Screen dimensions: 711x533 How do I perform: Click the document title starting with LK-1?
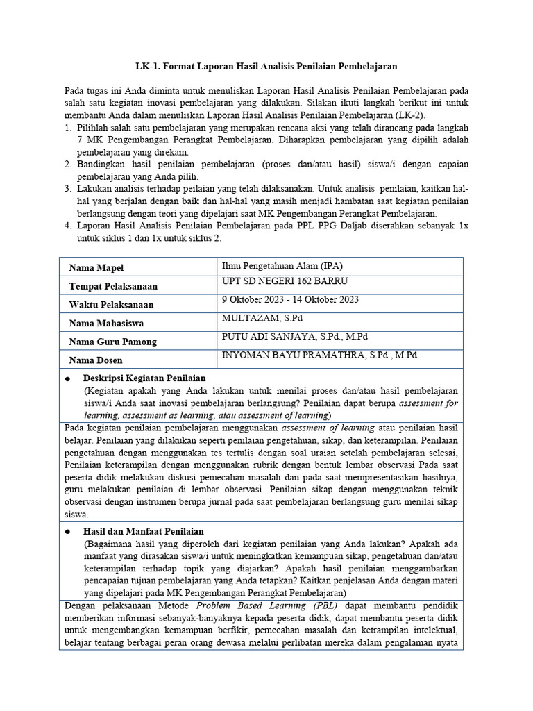point(266,66)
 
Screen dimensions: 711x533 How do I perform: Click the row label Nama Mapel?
point(96,268)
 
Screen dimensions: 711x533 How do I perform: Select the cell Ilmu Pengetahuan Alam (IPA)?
point(282,265)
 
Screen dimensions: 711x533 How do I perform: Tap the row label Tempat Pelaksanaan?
point(113,286)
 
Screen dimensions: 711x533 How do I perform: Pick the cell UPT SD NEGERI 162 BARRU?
point(285,281)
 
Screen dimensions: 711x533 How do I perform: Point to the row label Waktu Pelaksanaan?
point(111,305)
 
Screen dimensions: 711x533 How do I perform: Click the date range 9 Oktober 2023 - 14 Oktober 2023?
point(290,300)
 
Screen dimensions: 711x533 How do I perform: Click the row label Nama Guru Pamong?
point(112,342)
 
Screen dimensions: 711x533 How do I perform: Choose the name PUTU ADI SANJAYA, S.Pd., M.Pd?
point(294,337)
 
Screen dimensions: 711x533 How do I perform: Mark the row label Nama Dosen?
point(96,360)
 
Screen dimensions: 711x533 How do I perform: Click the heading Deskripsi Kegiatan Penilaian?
point(144,378)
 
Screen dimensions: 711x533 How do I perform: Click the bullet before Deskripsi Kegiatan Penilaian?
point(67,379)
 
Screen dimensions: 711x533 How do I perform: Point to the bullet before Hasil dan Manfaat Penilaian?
point(67,531)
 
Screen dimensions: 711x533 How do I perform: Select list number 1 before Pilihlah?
point(68,128)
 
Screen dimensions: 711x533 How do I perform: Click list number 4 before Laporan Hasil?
point(68,226)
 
